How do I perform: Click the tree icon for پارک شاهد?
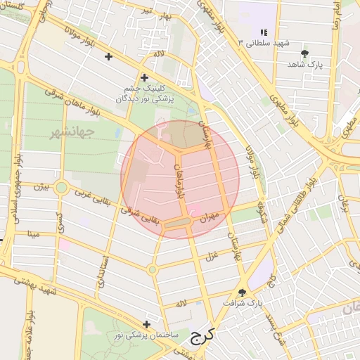pos(304,53)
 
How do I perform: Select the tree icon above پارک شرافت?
pos(243,292)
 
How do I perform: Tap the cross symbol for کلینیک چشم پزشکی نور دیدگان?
pos(144,77)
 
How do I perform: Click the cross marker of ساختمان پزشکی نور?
pos(146,324)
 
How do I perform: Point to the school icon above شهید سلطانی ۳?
pos(264,32)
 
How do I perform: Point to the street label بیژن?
pos(44,186)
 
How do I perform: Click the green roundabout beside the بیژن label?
pos(61,188)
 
